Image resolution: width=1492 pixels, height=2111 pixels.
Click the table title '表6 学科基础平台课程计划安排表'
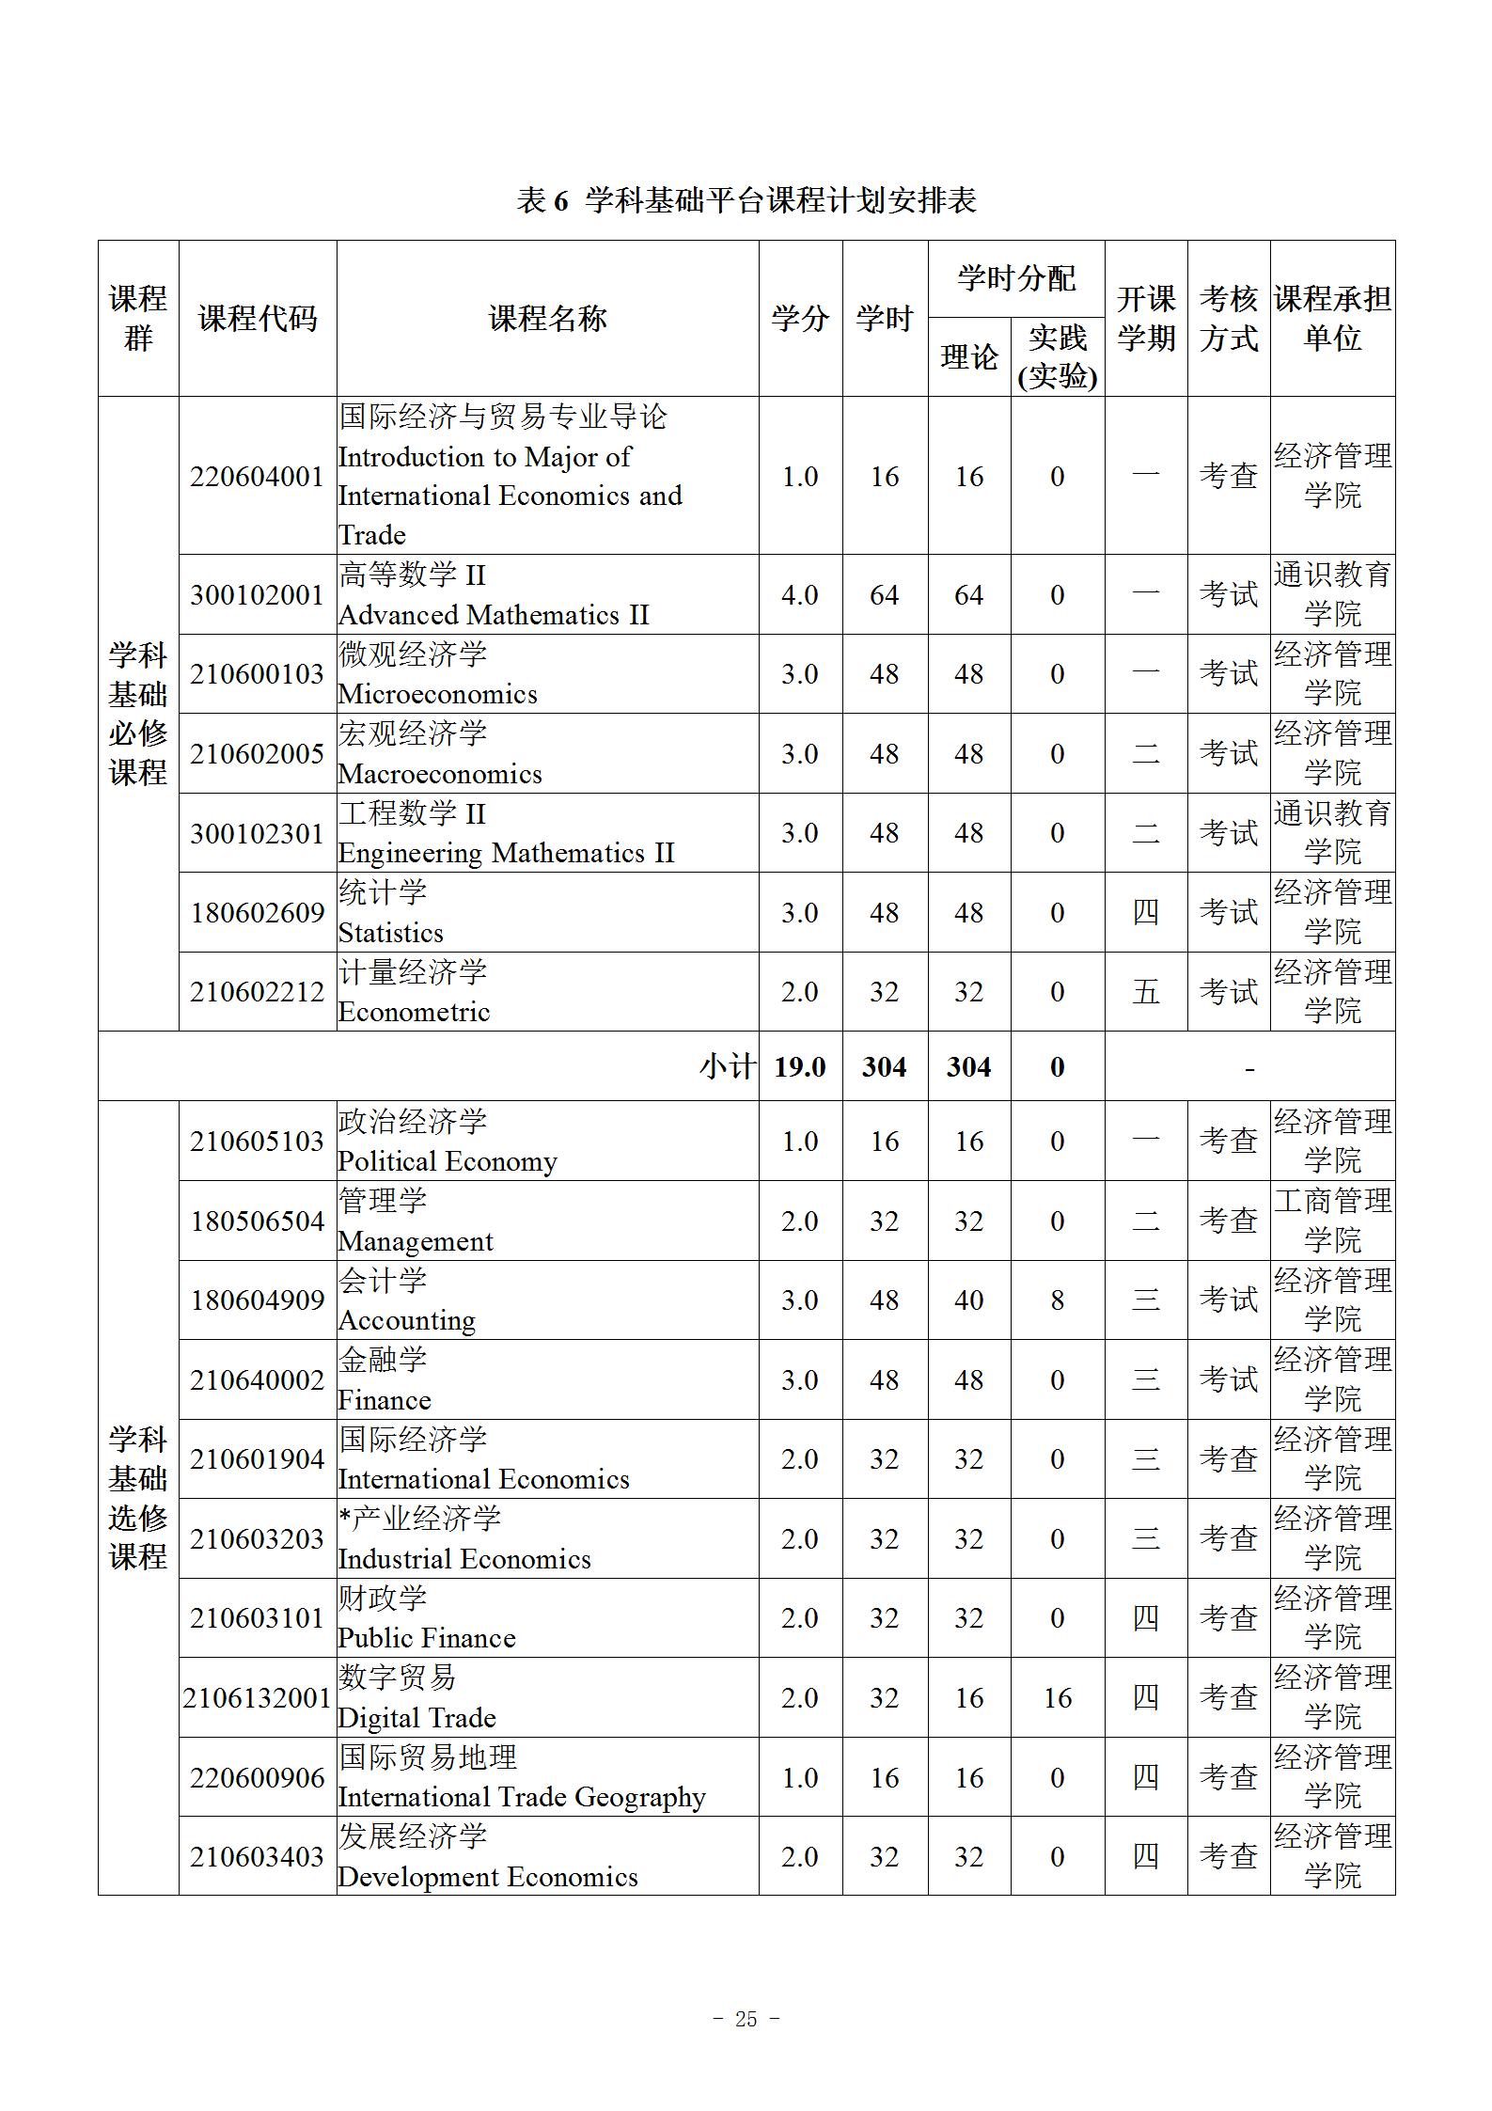click(x=746, y=200)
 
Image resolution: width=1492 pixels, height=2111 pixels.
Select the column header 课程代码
click(x=257, y=319)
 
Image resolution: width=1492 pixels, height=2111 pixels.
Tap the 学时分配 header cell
click(x=1015, y=278)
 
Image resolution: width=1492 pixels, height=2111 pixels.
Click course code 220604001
click(x=257, y=477)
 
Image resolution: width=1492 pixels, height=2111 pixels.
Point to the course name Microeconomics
click(x=438, y=694)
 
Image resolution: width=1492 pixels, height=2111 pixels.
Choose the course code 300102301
click(x=257, y=834)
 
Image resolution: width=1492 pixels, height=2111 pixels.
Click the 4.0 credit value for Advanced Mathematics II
click(x=799, y=595)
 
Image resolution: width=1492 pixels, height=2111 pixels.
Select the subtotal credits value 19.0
click(x=799, y=1067)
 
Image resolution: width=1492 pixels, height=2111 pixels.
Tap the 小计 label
click(x=727, y=1067)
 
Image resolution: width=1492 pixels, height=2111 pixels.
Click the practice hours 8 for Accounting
click(x=1057, y=1300)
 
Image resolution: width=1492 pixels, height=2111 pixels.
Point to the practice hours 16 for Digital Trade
click(x=1057, y=1698)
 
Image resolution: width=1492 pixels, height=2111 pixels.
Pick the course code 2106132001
click(x=257, y=1698)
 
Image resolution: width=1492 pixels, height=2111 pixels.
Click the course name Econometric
click(x=414, y=1012)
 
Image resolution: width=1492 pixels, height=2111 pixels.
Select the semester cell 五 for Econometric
click(x=1145, y=992)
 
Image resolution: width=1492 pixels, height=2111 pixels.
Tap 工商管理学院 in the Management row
click(x=1332, y=1221)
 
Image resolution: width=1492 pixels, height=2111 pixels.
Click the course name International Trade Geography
click(x=521, y=1797)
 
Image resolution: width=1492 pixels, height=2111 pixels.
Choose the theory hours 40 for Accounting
click(x=968, y=1300)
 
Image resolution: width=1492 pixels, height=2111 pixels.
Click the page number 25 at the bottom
click(x=746, y=2019)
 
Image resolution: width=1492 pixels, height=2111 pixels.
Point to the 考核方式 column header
click(x=1228, y=319)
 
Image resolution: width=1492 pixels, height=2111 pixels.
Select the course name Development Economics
click(x=487, y=1877)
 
